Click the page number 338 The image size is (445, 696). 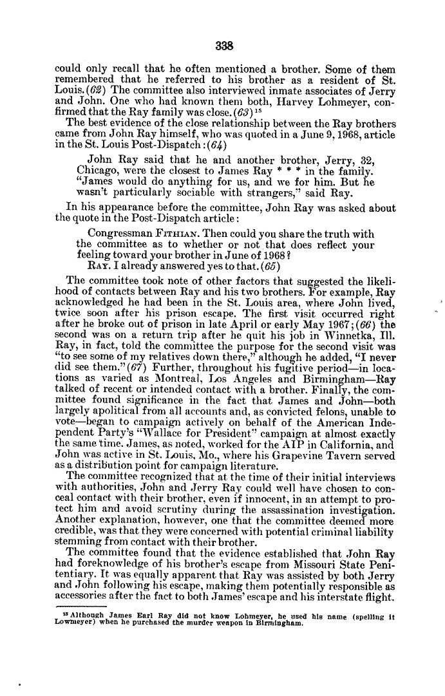(223, 46)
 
